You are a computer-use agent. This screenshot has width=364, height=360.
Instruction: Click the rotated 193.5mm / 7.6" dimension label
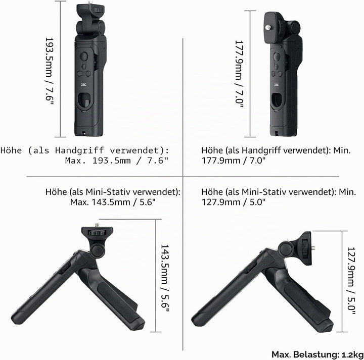49,71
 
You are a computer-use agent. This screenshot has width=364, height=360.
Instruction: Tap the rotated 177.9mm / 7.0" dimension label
239,74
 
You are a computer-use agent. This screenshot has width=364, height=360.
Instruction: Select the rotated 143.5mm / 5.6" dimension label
165,278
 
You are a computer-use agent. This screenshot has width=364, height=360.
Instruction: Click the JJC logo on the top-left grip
83,85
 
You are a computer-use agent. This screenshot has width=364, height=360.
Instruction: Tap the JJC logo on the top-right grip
276,85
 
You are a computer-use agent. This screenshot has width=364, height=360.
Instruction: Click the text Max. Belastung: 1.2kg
317,354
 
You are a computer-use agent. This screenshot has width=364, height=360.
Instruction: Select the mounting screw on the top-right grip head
268,27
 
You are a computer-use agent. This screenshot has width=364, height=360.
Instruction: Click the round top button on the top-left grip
84,57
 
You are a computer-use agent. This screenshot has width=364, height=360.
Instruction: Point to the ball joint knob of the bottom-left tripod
98,250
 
